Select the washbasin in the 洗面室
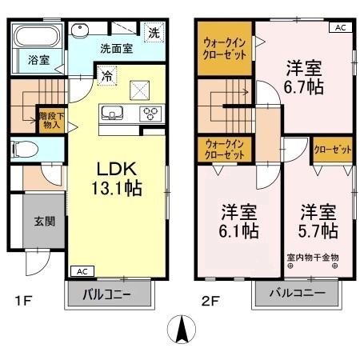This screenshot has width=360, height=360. click(x=81, y=30)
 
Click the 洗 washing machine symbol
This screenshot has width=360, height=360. click(x=153, y=34)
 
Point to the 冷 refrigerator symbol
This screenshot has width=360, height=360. click(x=106, y=77)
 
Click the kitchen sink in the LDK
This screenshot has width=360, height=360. click(x=112, y=112)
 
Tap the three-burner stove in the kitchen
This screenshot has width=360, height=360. click(x=150, y=113)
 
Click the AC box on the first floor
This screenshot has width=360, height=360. click(x=81, y=271)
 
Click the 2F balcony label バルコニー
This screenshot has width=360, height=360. click(x=296, y=294)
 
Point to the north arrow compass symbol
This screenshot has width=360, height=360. click(x=182, y=329)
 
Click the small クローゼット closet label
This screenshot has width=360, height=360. click(x=330, y=150)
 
